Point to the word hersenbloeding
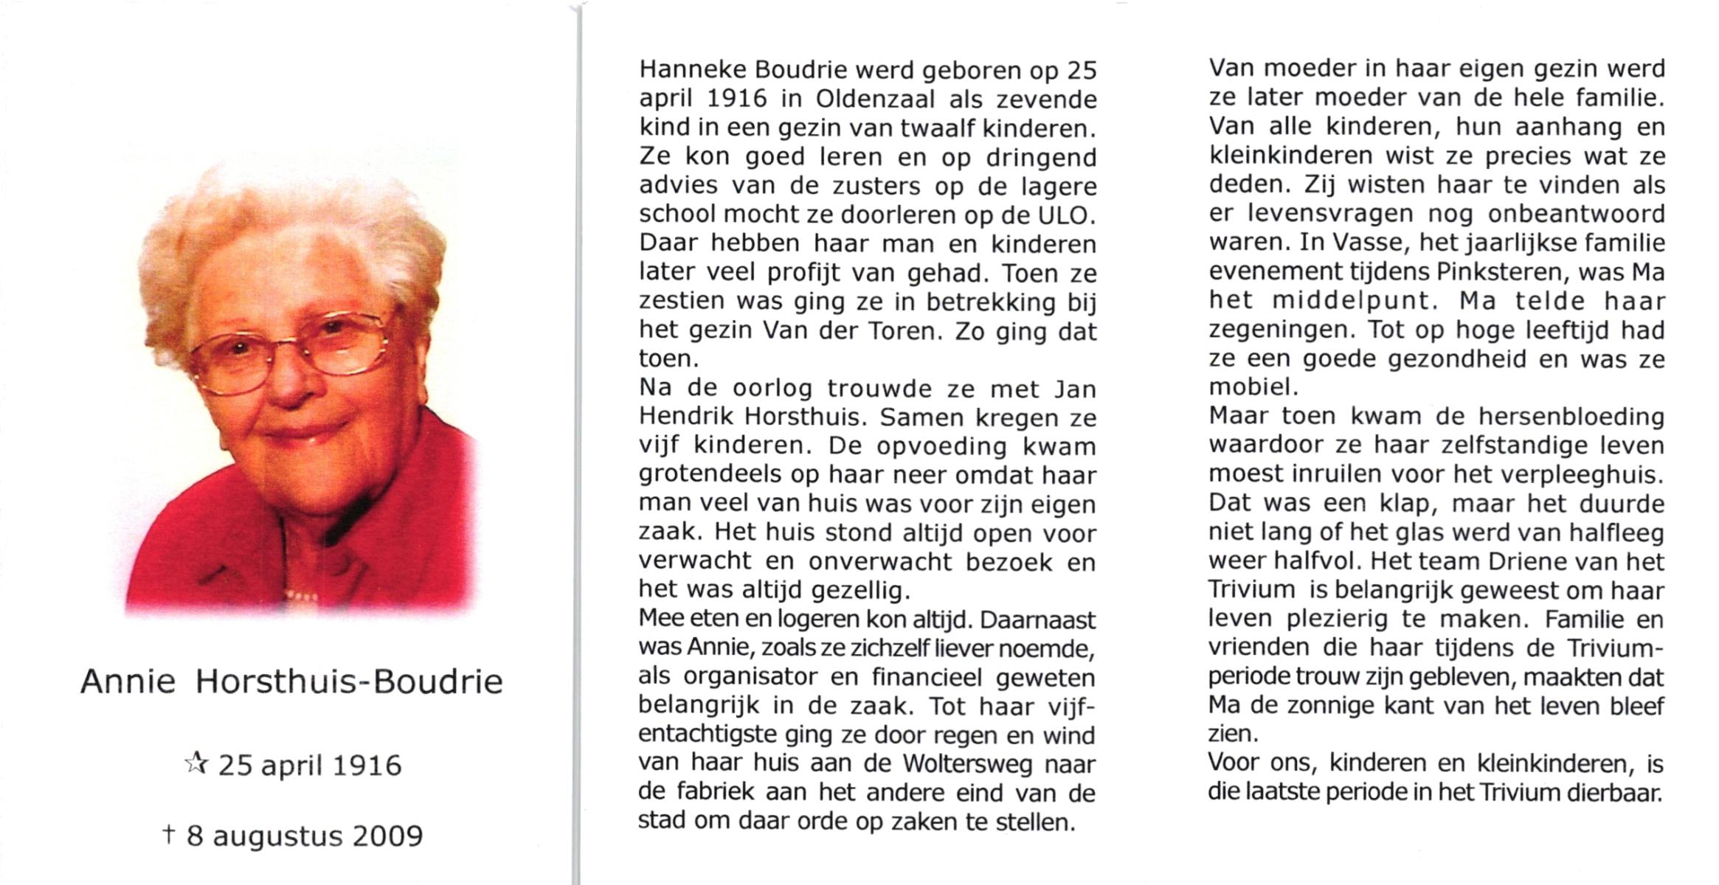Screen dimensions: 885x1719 [x=1571, y=417]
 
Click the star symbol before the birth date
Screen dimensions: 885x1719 [x=196, y=764]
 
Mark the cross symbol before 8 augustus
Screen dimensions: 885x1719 [x=169, y=835]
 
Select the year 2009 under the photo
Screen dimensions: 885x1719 [x=387, y=836]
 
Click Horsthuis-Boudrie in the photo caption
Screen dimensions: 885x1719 [x=348, y=682]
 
